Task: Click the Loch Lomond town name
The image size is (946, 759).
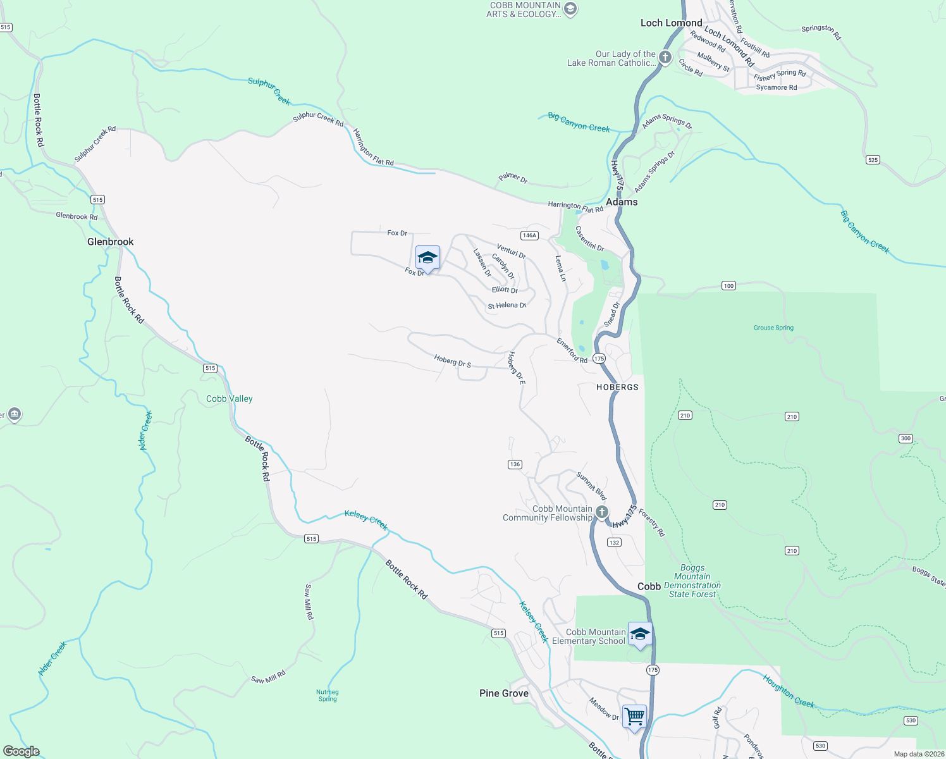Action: [x=671, y=23]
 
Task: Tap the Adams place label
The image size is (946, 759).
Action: [x=622, y=202]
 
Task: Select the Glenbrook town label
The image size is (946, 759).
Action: [x=111, y=242]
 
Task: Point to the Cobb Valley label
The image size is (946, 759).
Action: [x=230, y=398]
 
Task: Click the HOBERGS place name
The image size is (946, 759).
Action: [x=617, y=387]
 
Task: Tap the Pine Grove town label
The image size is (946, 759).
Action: [x=503, y=693]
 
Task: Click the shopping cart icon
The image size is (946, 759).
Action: [x=634, y=717]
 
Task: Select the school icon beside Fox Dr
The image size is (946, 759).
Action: [x=427, y=257]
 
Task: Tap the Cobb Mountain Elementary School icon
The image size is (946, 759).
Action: [x=640, y=634]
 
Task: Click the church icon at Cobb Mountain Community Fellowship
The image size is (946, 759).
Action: [x=602, y=512]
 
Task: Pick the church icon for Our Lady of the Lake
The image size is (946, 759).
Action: [x=665, y=58]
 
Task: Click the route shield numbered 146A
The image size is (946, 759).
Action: [x=529, y=235]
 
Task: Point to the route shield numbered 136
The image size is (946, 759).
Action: [x=515, y=464]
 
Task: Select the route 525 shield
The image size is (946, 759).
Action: [x=873, y=160]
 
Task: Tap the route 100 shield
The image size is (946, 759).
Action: [x=728, y=286]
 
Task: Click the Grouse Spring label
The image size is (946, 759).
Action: [x=773, y=328]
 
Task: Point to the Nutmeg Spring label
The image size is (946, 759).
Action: [x=328, y=695]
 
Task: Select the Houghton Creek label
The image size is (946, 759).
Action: [x=789, y=691]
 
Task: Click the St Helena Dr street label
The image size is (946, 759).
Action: [x=507, y=305]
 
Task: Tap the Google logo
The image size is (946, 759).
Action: [x=21, y=751]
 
